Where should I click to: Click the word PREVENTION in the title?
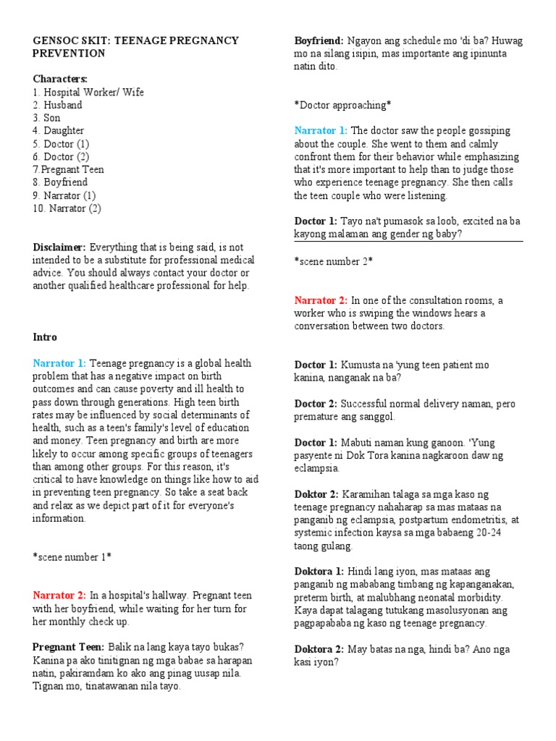(x=69, y=54)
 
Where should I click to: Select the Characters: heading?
(x=60, y=78)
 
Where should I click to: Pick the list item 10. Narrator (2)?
(x=67, y=208)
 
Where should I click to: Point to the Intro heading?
(x=45, y=337)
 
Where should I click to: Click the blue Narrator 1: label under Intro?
(x=59, y=363)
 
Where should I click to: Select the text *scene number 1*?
(x=72, y=556)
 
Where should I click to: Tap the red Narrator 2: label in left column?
(x=59, y=595)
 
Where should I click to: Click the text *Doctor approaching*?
(x=342, y=105)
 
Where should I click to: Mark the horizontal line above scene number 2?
(x=408, y=241)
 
